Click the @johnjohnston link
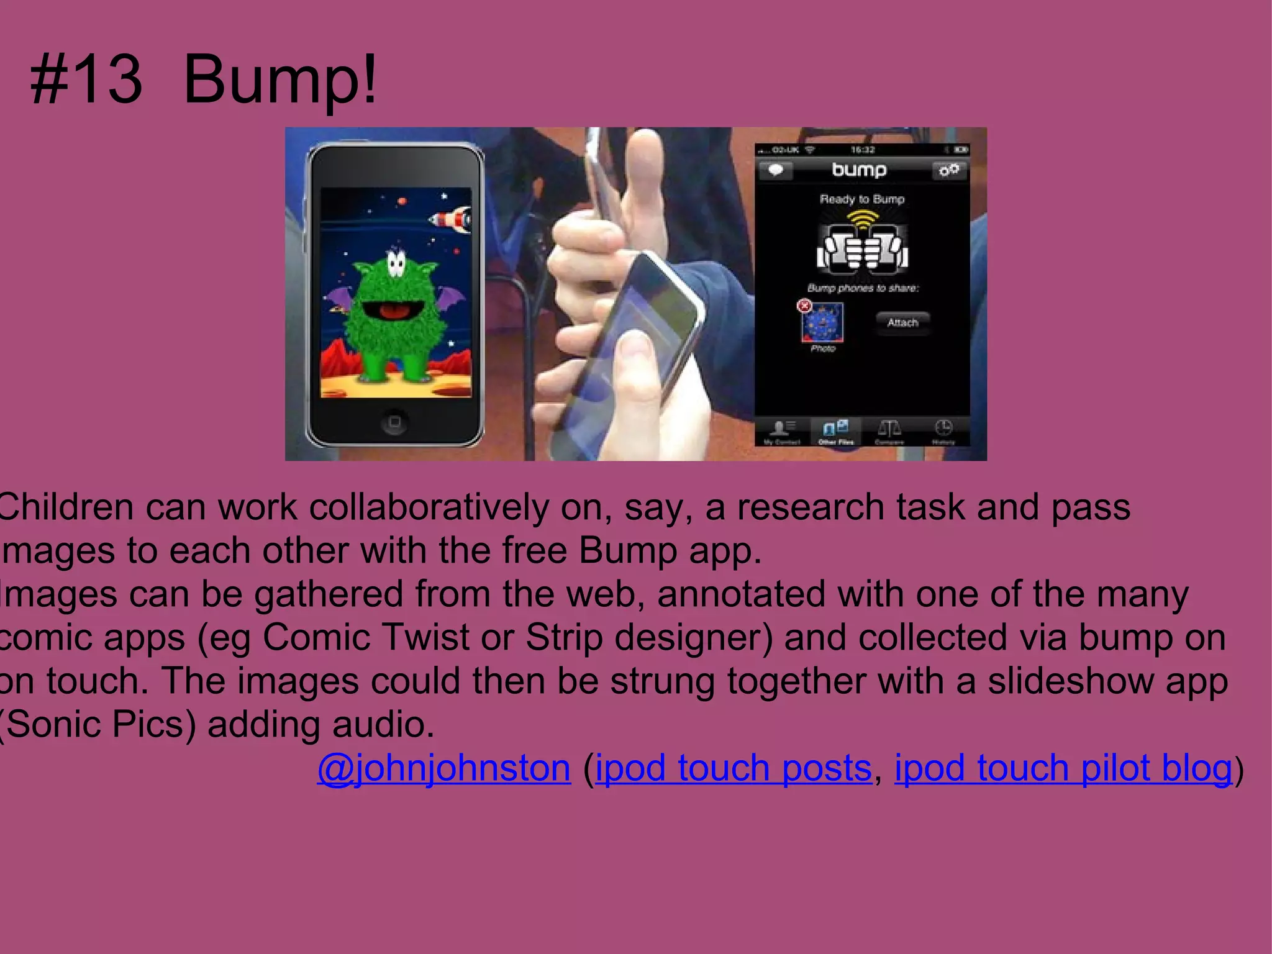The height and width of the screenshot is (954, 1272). (443, 768)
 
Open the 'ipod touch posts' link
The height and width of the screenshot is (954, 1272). (734, 768)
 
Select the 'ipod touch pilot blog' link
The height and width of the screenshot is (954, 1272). (1063, 768)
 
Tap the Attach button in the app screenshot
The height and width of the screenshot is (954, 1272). (902, 322)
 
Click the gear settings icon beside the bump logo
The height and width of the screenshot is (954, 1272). (948, 170)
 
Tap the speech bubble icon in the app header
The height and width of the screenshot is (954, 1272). (776, 170)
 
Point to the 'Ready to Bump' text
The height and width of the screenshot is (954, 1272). (861, 199)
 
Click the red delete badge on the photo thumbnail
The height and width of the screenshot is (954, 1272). (804, 306)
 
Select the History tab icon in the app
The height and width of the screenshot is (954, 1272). (943, 428)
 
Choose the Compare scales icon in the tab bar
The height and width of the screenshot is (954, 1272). (889, 428)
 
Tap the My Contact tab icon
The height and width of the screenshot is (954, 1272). (781, 428)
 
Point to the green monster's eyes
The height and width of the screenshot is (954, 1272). (396, 263)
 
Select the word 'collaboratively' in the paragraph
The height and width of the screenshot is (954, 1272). (429, 507)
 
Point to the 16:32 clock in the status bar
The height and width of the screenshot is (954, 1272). (862, 150)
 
